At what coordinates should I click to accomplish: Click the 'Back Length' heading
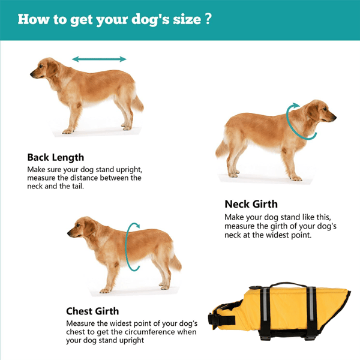(x=56, y=158)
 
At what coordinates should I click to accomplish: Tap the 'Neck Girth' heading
(x=251, y=204)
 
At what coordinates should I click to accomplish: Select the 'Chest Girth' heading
(x=92, y=311)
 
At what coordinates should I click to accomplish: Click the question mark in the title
(x=208, y=19)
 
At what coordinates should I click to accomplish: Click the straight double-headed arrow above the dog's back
(x=99, y=59)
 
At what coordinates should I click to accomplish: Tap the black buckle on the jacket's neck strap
(x=213, y=319)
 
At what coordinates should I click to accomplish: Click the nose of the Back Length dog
(x=31, y=74)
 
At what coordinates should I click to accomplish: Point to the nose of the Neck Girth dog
(x=335, y=118)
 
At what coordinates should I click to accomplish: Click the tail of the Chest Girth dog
(x=176, y=263)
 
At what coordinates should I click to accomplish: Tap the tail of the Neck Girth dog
(x=221, y=149)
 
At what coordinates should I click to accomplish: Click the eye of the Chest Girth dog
(x=79, y=226)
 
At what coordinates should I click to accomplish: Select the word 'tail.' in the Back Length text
(x=77, y=186)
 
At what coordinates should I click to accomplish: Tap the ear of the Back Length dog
(x=52, y=68)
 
